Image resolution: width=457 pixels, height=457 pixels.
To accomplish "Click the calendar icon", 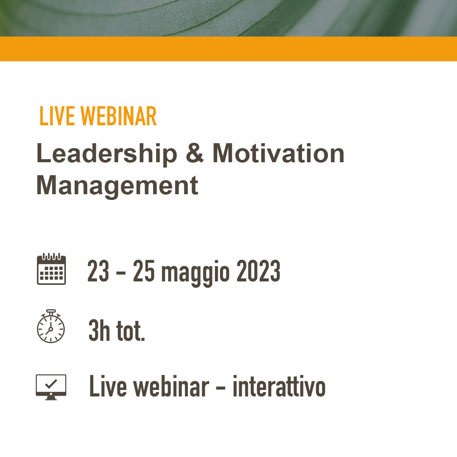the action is point(51,269).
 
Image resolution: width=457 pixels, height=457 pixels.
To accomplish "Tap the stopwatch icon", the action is point(51,326).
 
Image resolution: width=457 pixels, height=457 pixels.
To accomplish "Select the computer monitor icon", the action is point(51,387).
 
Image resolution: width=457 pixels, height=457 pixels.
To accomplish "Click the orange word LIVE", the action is point(57,116).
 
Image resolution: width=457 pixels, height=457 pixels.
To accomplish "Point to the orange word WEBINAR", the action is point(118,116).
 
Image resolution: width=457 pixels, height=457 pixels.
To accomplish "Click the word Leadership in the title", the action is point(107,154).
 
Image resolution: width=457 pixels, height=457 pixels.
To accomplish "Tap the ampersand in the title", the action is point(195,153).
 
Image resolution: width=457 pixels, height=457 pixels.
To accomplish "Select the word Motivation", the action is point(278,153).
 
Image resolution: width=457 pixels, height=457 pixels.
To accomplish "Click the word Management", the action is point(117,186).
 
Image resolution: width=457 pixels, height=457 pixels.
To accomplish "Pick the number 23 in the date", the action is point(98,271).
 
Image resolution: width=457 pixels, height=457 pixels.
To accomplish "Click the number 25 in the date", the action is point(144,271).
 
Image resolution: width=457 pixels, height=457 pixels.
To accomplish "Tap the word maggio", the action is point(195,273).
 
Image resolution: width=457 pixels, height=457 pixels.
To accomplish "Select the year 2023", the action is point(259,271).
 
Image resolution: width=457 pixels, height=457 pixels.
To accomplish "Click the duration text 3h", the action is point(99,330).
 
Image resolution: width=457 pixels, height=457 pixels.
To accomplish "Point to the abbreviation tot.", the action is point(131,331).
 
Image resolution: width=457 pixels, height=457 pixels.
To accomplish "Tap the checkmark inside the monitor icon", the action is point(51,383).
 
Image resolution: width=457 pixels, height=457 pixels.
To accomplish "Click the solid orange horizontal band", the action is point(228,49).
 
